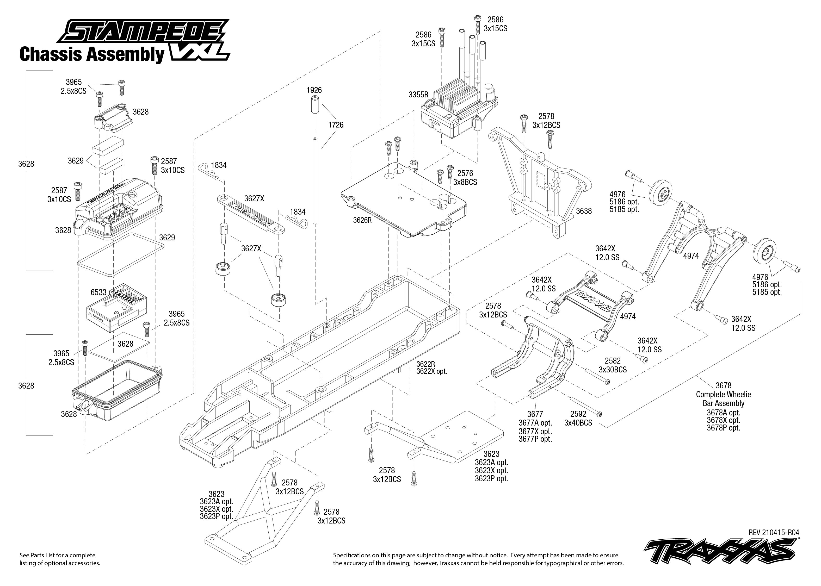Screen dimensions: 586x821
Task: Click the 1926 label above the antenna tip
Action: coord(314,90)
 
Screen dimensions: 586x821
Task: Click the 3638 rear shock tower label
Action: coord(584,211)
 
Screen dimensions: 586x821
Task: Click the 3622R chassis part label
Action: coord(425,364)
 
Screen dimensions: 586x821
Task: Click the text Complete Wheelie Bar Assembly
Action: coord(723,399)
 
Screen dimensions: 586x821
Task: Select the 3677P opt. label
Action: coord(535,439)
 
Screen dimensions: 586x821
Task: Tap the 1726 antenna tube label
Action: coord(335,125)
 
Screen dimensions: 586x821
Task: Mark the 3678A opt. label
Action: coord(723,413)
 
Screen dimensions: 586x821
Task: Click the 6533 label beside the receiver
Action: coord(98,292)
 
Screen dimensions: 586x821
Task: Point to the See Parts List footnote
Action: coord(60,559)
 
